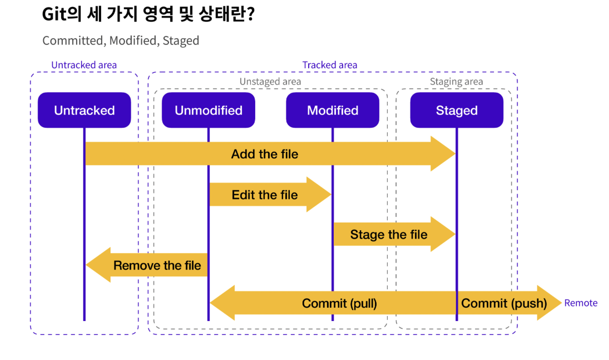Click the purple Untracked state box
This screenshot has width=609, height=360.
point(84,110)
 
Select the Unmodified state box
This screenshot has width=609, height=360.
point(209,110)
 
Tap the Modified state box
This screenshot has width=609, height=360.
point(333,110)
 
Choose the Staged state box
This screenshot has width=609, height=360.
point(457,110)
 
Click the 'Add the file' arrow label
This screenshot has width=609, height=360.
point(264,154)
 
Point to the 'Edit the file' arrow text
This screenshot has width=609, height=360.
point(264,195)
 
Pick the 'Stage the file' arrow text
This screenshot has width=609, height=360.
point(389,234)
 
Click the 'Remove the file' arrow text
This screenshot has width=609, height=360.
point(157,265)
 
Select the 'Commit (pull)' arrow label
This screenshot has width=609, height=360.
point(340,303)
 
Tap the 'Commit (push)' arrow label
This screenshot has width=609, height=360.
point(504,303)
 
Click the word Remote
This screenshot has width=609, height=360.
point(581,303)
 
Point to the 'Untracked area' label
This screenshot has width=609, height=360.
point(84,65)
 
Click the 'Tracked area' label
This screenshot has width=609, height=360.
point(330,65)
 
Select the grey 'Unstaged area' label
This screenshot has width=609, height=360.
point(270,82)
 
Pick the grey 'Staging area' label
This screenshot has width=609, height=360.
point(456,82)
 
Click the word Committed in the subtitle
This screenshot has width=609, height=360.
point(73,41)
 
